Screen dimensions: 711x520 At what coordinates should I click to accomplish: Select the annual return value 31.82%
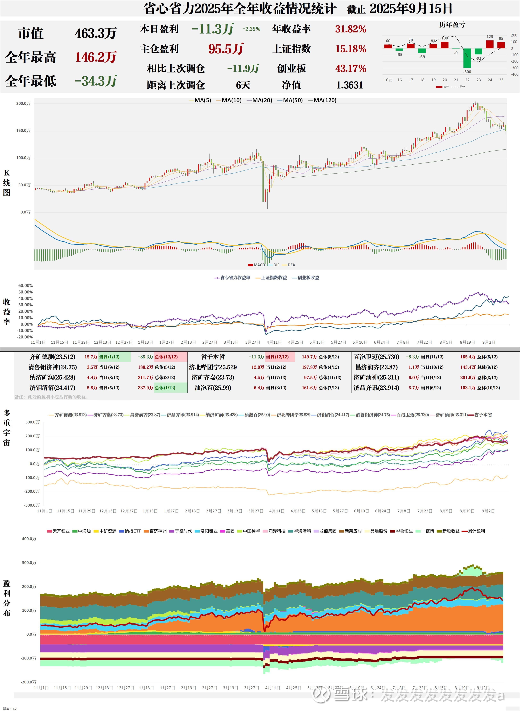pos(351,29)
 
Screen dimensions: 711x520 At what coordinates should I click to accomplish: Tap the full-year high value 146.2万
pos(96,57)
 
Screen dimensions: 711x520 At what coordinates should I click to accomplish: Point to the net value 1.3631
pos(349,85)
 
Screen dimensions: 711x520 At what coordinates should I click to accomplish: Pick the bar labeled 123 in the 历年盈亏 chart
pos(490,44)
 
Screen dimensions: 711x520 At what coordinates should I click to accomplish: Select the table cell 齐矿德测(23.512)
pos(53,357)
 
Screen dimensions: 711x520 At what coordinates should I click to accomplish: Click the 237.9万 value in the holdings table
pos(145,388)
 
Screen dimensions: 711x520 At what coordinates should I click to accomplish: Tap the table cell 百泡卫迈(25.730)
pos(376,357)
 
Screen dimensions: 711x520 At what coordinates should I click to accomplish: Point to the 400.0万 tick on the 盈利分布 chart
pos(29,539)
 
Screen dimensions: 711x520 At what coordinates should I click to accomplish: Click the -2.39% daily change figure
pos(251,29)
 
